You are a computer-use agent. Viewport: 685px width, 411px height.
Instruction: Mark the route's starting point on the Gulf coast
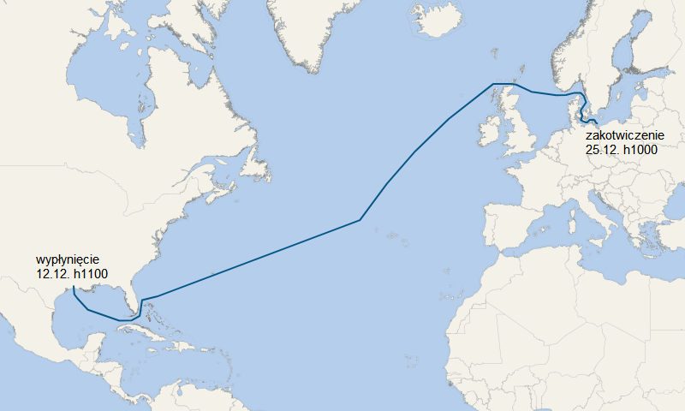click(x=73, y=289)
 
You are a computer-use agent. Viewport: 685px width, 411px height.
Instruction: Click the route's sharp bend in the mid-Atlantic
click(x=360, y=220)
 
